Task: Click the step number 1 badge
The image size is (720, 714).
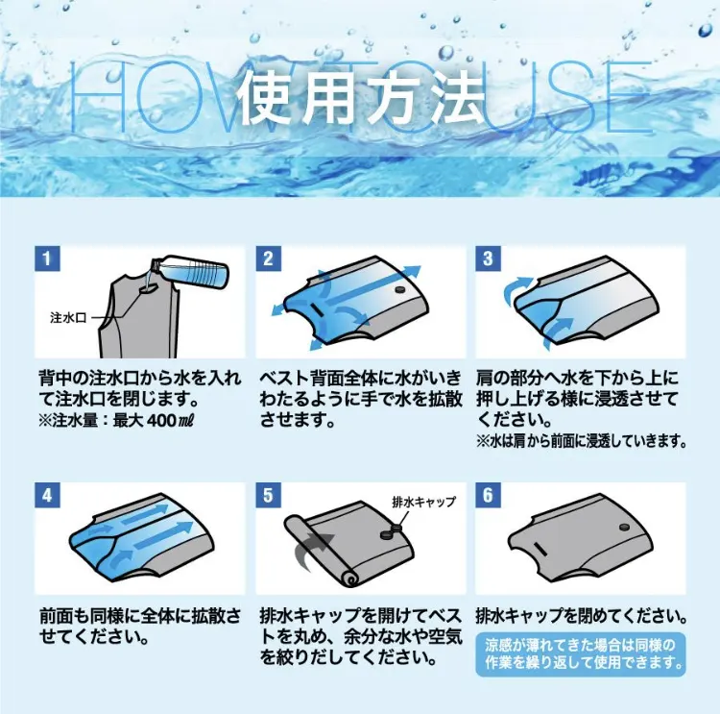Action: click(x=47, y=259)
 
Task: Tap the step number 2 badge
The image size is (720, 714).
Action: click(x=268, y=259)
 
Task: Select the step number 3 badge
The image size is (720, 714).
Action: click(x=488, y=259)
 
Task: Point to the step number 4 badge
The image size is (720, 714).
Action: click(x=47, y=496)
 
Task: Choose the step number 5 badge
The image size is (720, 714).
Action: click(x=268, y=496)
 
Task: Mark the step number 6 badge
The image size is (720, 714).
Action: click(x=488, y=496)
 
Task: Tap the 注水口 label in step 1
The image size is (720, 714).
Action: click(x=68, y=318)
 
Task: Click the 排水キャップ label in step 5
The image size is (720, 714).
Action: click(x=423, y=502)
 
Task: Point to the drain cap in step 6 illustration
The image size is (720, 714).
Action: click(x=625, y=528)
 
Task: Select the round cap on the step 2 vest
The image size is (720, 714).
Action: click(x=400, y=289)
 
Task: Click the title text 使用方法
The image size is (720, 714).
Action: click(x=361, y=98)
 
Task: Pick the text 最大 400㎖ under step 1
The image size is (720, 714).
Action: click(x=154, y=421)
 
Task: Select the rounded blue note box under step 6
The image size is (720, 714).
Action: click(x=581, y=654)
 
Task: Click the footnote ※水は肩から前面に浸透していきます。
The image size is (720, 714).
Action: click(x=582, y=442)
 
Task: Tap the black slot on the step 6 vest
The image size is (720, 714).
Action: click(x=540, y=549)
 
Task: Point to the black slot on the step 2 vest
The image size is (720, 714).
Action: click(x=318, y=309)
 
